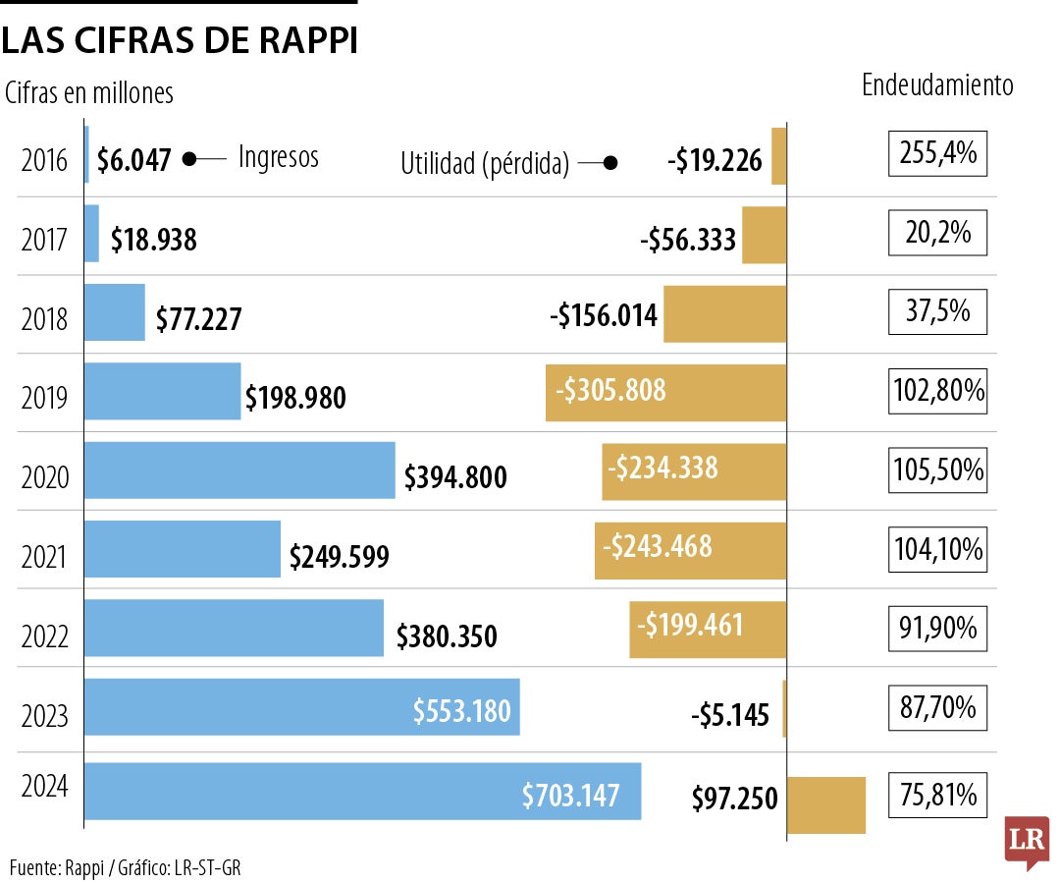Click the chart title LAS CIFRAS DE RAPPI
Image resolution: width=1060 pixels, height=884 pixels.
point(179,41)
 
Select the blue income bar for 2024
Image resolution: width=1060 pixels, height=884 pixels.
point(363,791)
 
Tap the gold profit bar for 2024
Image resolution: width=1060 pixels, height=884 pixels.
point(825,804)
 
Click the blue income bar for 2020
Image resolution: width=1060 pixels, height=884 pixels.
point(240,470)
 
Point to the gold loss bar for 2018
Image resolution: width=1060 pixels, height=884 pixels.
point(724,314)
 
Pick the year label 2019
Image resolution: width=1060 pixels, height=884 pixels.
point(44,398)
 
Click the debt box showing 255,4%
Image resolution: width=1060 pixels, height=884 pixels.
point(936,153)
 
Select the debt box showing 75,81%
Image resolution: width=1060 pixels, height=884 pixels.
point(936,795)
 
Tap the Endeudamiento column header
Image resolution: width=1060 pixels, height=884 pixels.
point(936,85)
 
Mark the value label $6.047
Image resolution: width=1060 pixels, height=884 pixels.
point(134,158)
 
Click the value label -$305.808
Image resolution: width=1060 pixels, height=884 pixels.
point(610,391)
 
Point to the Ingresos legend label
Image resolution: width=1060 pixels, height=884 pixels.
point(279,157)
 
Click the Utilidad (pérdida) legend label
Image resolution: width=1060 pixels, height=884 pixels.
point(485,164)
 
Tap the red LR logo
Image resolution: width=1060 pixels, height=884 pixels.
point(1027,841)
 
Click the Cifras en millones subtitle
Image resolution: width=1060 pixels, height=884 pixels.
point(89,93)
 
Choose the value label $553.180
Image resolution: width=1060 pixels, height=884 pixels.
point(461,710)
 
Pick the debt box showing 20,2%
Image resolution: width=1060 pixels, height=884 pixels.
point(936,233)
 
